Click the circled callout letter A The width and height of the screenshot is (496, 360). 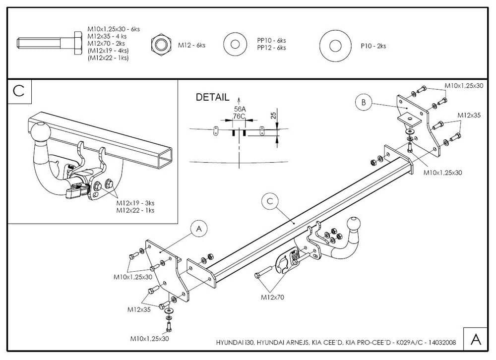pyautogui.click(x=198, y=229)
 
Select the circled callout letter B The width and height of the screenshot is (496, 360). pyautogui.click(x=363, y=103)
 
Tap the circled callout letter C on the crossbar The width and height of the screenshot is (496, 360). pyautogui.click(x=270, y=201)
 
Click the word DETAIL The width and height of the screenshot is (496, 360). pyautogui.click(x=212, y=97)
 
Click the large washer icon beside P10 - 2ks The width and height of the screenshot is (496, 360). pyautogui.click(x=335, y=46)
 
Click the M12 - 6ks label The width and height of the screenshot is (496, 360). pyautogui.click(x=191, y=45)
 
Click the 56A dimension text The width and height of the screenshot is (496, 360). pyautogui.click(x=240, y=109)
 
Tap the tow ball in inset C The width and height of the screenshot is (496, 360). pyautogui.click(x=40, y=132)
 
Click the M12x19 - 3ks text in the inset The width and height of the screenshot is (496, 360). pyautogui.click(x=135, y=203)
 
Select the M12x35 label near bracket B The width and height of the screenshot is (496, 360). pyautogui.click(x=469, y=115)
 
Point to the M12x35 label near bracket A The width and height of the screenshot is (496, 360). pyautogui.click(x=139, y=309)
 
